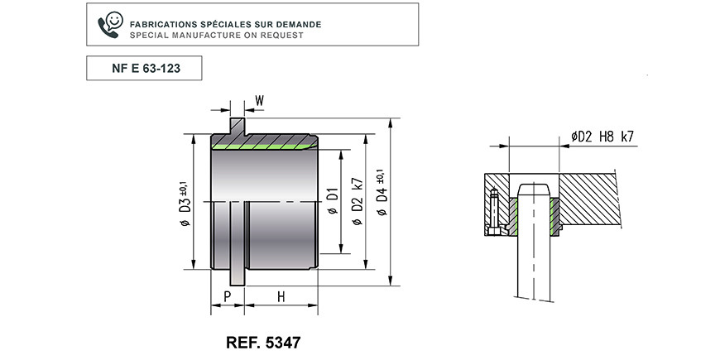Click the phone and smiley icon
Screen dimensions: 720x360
pos(111,25)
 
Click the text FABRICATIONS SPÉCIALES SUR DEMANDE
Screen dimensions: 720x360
pos(225,24)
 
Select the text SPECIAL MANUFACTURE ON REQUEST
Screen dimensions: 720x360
pos(216,35)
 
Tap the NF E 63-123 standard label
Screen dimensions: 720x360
pos(146,69)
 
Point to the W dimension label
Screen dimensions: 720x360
pos(259,101)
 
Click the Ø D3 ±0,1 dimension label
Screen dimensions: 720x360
pos(185,202)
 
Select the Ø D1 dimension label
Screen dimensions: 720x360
pos(333,201)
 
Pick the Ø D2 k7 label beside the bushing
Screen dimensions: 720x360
pos(358,202)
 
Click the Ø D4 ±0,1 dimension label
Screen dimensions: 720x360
pos(382,192)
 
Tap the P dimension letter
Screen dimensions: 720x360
pos(228,296)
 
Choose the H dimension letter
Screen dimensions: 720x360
pos(281,296)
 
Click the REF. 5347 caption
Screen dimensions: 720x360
pos(263,342)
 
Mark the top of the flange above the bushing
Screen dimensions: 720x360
pos(238,119)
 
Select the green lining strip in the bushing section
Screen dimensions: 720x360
pos(264,146)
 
